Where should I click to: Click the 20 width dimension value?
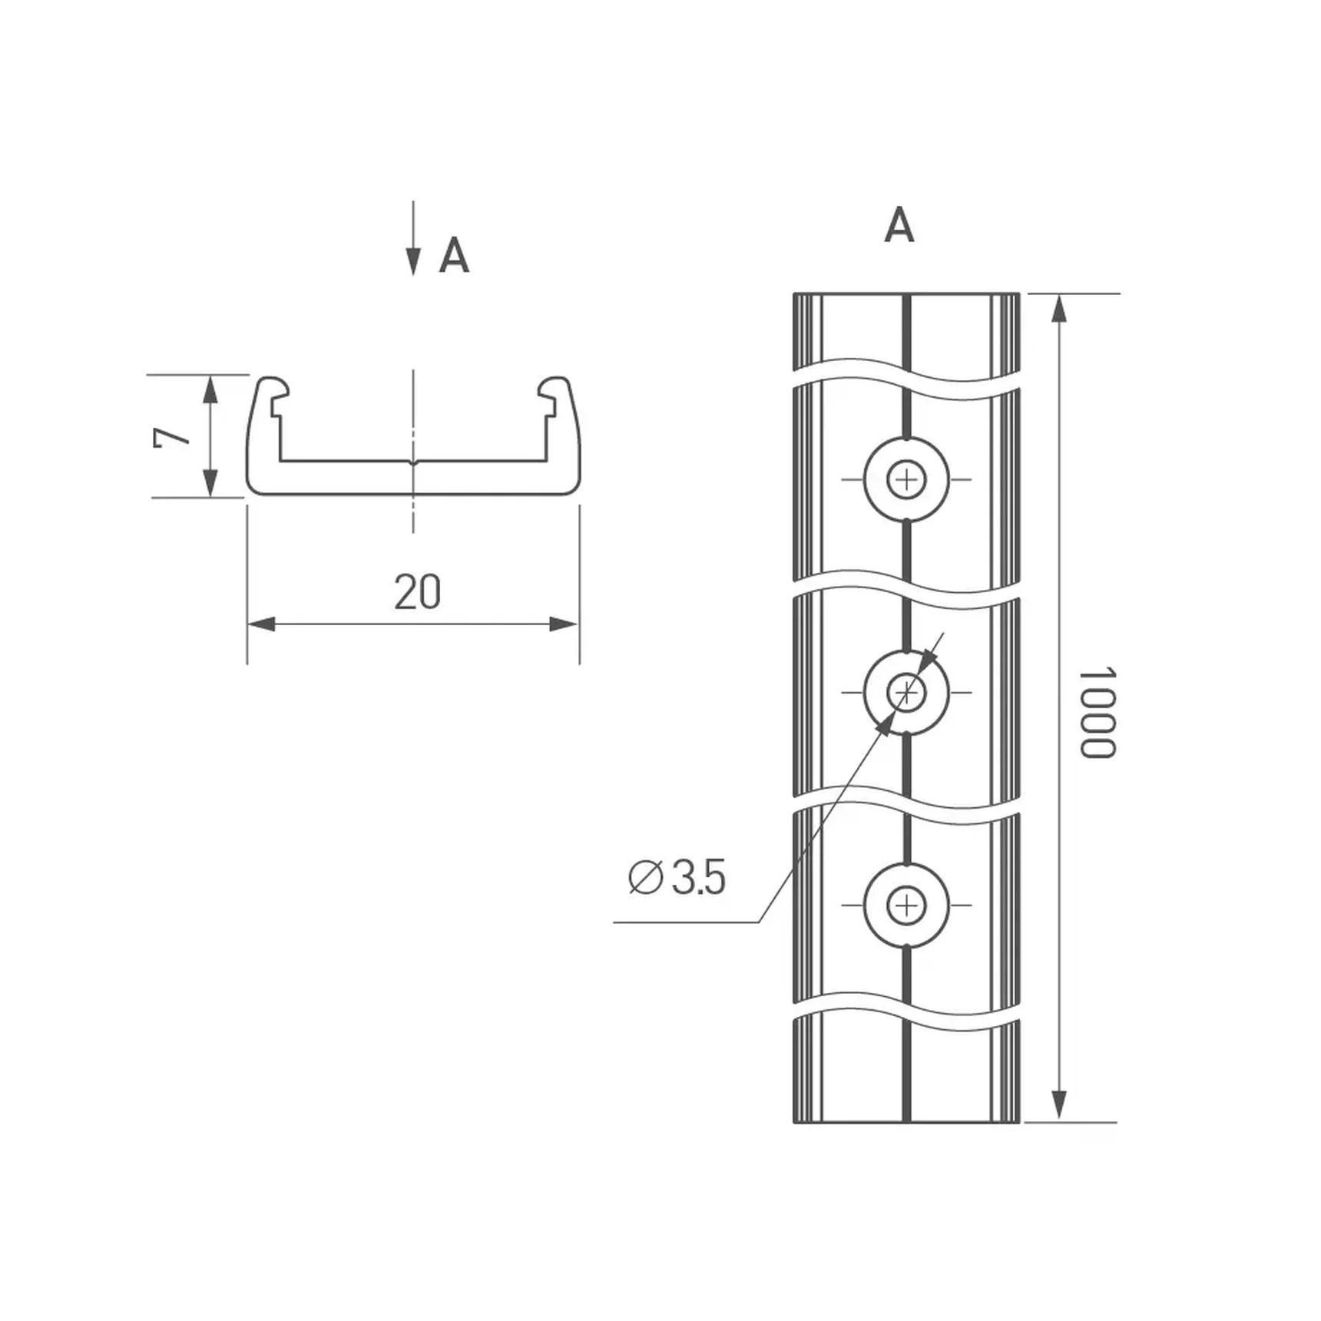point(417,592)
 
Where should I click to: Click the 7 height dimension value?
point(172,437)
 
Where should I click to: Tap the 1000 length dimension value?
point(1097,713)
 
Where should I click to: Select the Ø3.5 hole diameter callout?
point(677,877)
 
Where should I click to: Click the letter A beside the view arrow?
point(454,256)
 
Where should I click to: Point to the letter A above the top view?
point(899,225)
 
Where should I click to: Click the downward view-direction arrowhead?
point(413,262)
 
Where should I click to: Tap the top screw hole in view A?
point(906,479)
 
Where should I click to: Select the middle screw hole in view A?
point(906,693)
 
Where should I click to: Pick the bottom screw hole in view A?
point(906,905)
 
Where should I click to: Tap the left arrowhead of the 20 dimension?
point(262,624)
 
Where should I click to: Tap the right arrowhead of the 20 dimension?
point(564,624)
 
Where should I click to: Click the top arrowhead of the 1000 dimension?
point(1059,308)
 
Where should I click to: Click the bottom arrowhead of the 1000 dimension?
point(1059,1107)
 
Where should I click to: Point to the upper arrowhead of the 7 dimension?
point(210,389)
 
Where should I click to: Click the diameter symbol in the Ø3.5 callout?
point(646,877)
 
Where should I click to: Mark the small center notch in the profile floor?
point(413,462)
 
